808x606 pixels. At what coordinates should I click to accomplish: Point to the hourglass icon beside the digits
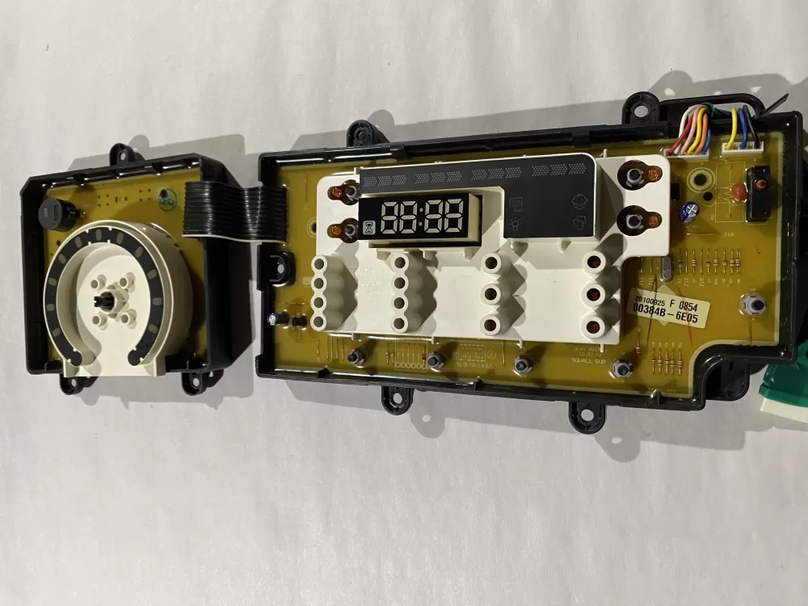[368, 229]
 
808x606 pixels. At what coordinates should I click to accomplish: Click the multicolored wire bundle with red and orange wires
[688, 129]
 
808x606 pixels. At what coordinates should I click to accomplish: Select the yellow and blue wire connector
[737, 129]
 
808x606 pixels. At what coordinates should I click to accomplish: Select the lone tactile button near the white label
[753, 305]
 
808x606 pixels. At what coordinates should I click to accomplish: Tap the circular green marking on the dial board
[166, 196]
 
